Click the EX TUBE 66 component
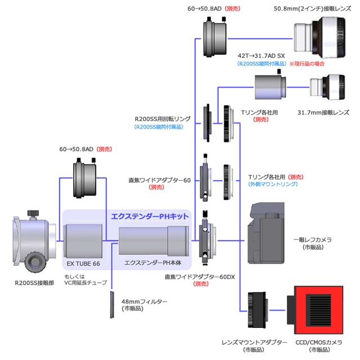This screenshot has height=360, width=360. click(83, 241)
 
